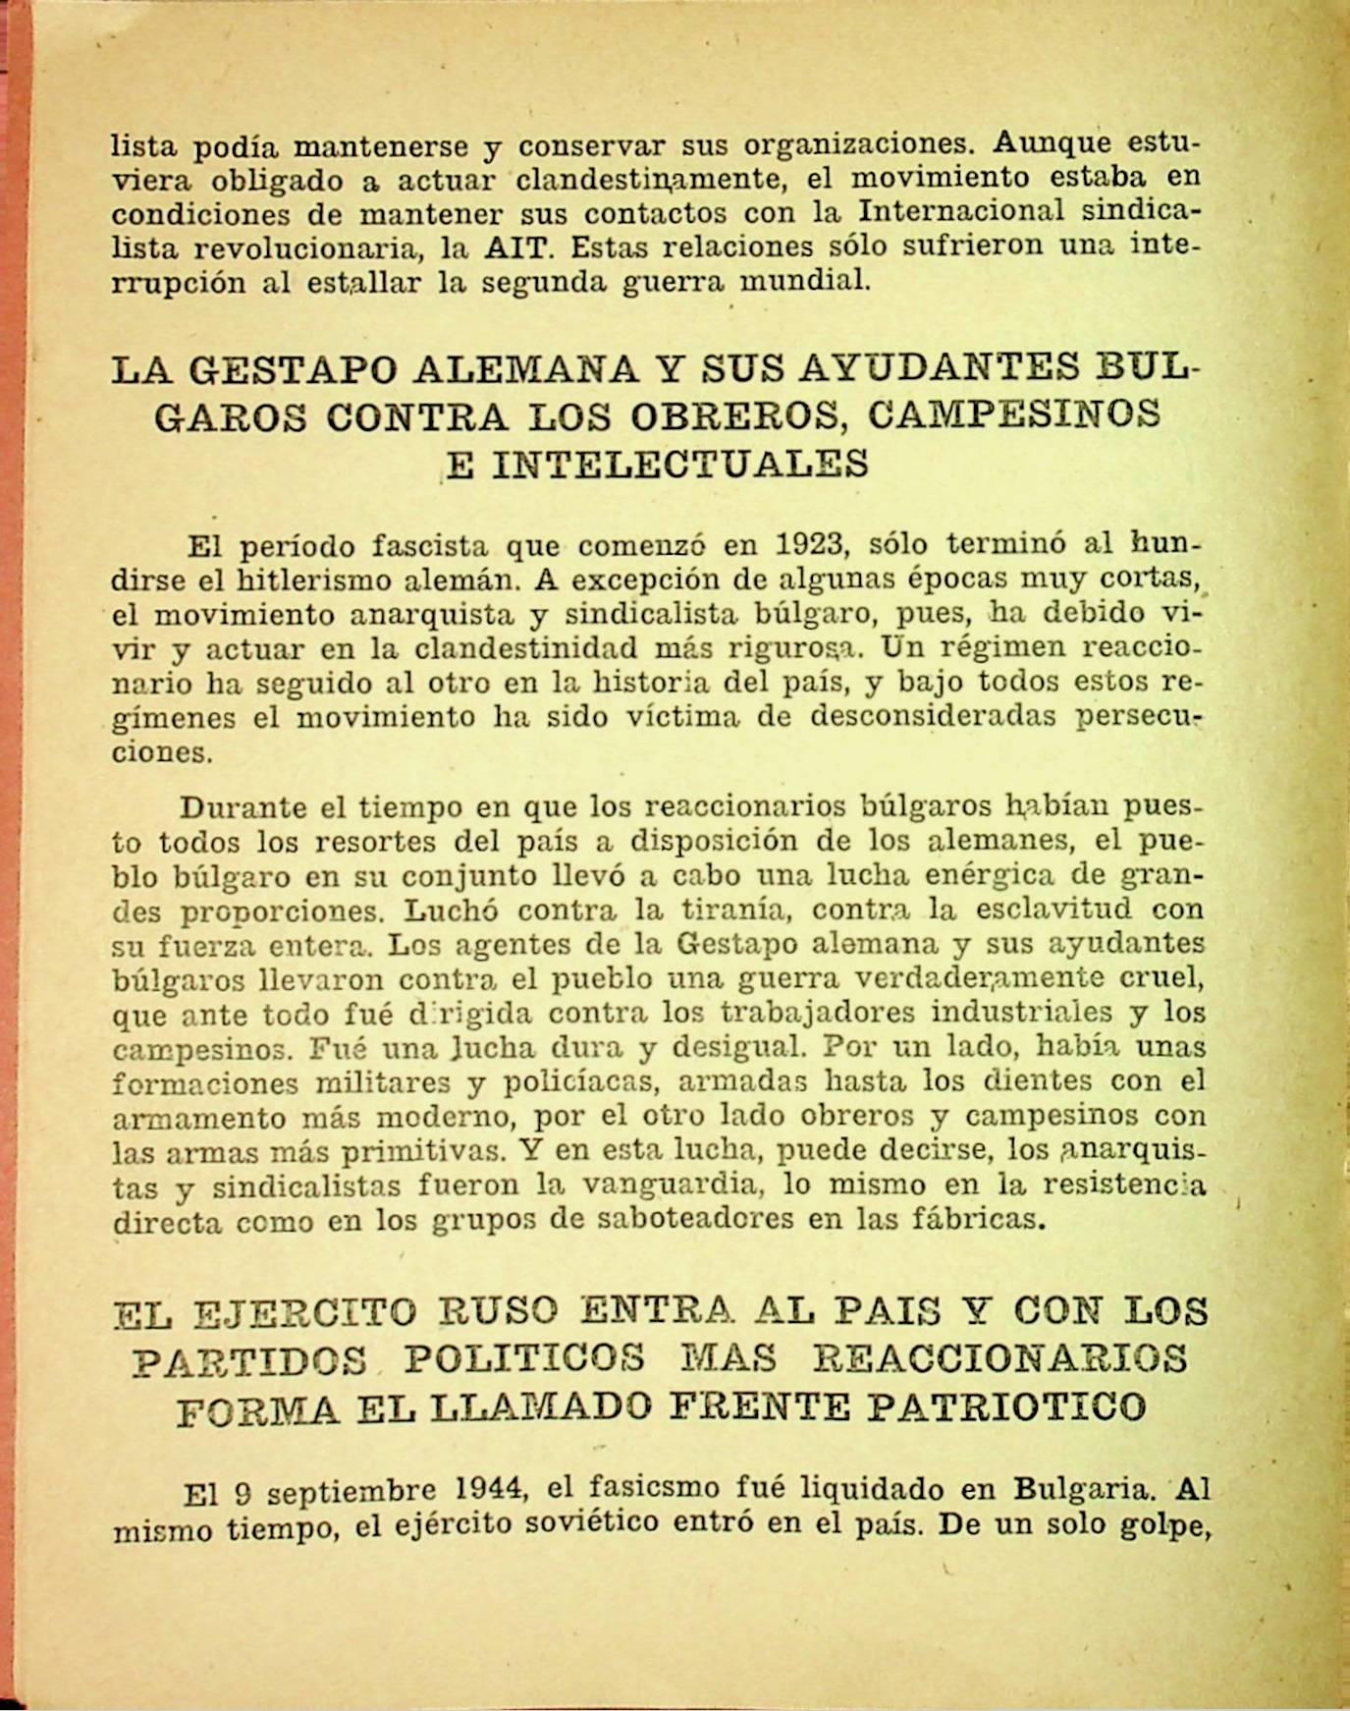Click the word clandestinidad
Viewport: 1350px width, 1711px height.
click(x=583, y=647)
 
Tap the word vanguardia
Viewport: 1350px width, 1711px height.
click(x=673, y=1185)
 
